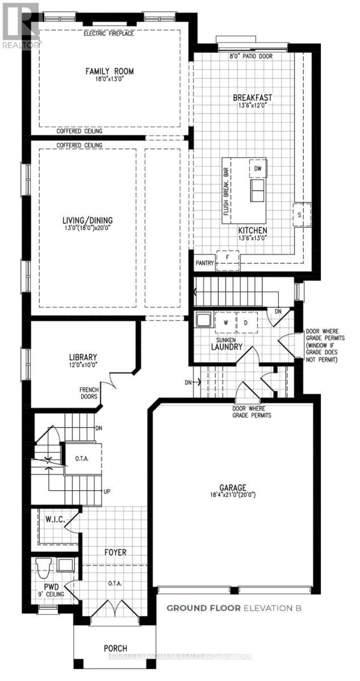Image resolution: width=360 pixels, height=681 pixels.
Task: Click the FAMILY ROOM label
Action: [110, 71]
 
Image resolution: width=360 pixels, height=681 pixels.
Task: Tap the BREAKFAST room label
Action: [249, 97]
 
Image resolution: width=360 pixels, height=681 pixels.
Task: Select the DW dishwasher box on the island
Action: [257, 169]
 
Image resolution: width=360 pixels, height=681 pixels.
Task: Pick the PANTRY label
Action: [204, 263]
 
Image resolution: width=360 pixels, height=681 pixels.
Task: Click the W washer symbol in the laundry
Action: [225, 322]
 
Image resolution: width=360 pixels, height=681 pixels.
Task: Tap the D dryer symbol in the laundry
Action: [246, 322]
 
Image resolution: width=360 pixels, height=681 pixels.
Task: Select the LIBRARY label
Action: [83, 358]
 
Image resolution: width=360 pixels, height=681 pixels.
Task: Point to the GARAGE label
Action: [233, 487]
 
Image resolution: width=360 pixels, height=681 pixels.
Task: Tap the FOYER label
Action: [115, 552]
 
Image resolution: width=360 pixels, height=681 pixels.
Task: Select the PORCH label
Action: [115, 648]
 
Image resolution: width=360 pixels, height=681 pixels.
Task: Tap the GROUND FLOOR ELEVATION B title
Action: [233, 608]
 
